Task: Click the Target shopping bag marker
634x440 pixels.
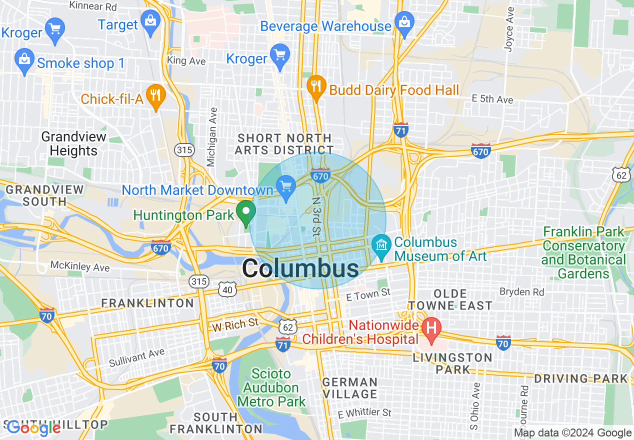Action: [150, 22]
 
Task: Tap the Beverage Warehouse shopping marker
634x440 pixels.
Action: [403, 22]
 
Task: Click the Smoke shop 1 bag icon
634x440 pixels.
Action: [24, 60]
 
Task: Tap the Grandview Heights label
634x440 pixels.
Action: [73, 143]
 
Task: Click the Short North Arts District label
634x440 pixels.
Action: [284, 144]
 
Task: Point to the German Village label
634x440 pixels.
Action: [349, 388]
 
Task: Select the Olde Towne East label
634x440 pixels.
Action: [450, 299]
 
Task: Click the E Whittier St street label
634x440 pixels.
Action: [364, 413]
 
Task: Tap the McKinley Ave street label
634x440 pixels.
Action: [79, 266]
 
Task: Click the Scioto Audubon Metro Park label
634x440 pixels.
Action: [271, 387]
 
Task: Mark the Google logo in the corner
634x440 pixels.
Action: [34, 427]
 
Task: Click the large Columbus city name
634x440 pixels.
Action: [300, 269]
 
